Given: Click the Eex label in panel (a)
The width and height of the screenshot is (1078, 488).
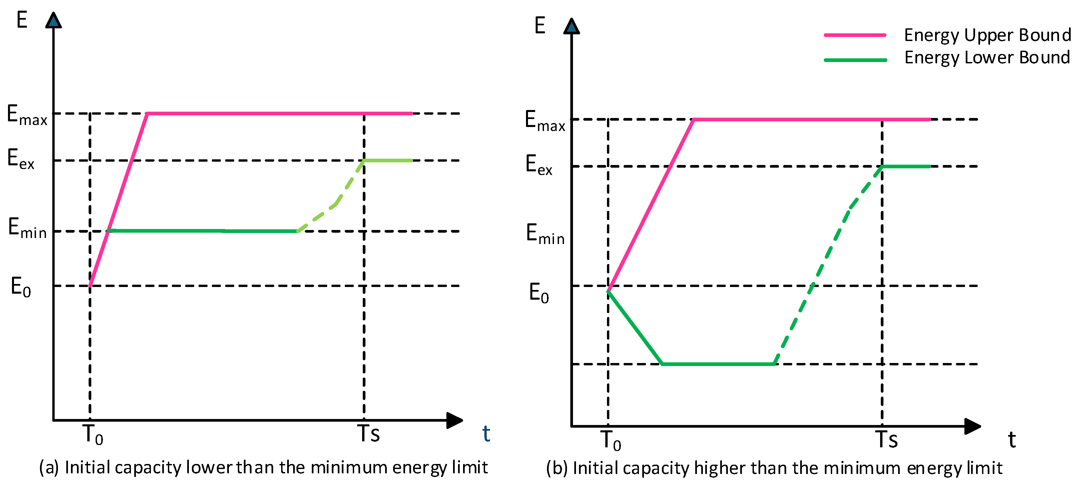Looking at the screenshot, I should point(21,159).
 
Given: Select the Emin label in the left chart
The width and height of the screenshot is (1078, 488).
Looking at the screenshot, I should point(28,228).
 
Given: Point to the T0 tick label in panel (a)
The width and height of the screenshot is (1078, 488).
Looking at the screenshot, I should point(93,434).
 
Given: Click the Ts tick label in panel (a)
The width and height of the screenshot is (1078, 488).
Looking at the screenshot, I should point(368,434).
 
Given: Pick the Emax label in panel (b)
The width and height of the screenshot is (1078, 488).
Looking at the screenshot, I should point(545,121).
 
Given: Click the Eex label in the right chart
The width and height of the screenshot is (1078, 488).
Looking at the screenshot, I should point(539,165).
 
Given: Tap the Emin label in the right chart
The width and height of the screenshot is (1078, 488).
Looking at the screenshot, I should point(545,234).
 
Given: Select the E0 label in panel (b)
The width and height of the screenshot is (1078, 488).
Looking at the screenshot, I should point(539,293).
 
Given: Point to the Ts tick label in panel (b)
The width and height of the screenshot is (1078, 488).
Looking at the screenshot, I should point(886,440).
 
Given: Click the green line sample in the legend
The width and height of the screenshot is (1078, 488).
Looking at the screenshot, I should point(855,60).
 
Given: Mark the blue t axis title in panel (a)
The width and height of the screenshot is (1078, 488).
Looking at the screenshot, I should point(486,434).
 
